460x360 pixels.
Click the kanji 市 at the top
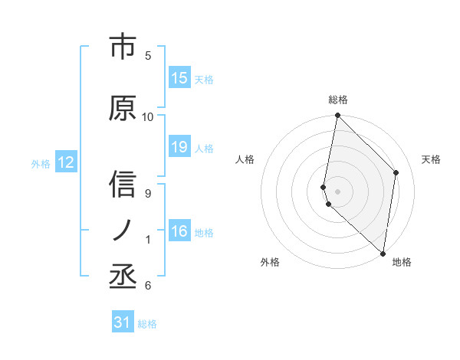(x=123, y=48)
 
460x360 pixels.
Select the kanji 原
(x=123, y=109)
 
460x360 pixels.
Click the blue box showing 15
(x=179, y=78)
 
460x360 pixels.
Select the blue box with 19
(x=179, y=148)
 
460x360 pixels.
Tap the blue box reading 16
(x=179, y=232)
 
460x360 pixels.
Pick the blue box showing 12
(x=66, y=162)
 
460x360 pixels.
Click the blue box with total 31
(x=123, y=322)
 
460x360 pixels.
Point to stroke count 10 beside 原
(x=148, y=116)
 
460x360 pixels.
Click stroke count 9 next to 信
(x=148, y=193)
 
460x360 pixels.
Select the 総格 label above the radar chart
(x=338, y=100)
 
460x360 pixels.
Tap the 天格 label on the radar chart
(x=431, y=159)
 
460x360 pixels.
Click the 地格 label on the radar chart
(x=402, y=262)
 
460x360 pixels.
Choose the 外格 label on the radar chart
(x=270, y=262)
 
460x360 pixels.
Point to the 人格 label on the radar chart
(x=245, y=159)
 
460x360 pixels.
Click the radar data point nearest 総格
(x=337, y=116)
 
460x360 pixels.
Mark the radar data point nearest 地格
(x=383, y=253)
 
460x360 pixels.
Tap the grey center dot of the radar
(x=337, y=191)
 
